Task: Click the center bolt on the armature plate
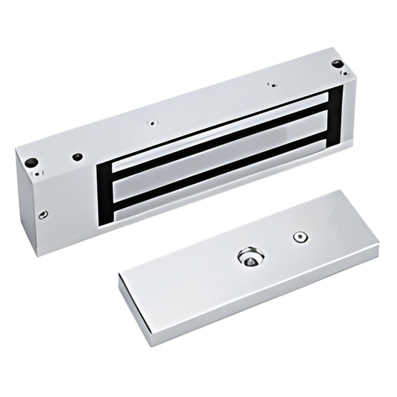click(250, 258)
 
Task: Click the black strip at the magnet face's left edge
click(105, 189)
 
